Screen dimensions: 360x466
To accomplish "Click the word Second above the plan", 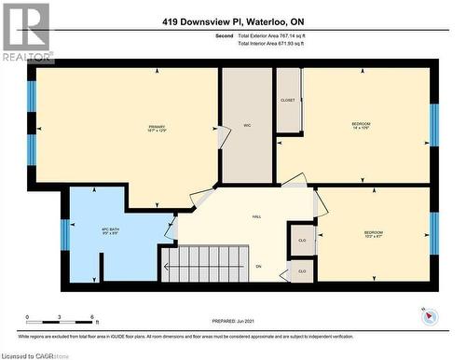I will [x=224, y=36].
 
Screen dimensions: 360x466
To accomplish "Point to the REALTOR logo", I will [x=25, y=32].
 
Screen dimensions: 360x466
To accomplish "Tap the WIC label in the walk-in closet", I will [x=247, y=125].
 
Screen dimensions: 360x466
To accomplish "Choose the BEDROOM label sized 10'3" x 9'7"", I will [x=373, y=234].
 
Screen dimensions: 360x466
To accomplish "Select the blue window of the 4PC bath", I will [x=65, y=234].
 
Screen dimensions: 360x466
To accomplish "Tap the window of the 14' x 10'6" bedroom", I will [x=433, y=125].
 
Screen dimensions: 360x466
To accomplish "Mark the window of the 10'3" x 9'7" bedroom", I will [x=433, y=233].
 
